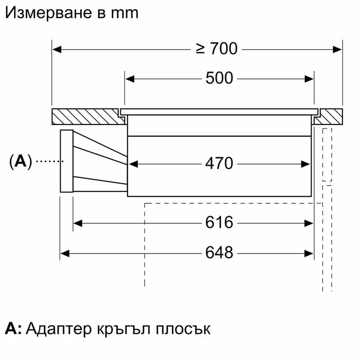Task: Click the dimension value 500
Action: [219, 79]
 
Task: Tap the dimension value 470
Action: [219, 164]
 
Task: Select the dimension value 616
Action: [219, 223]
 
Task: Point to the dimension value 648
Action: [219, 253]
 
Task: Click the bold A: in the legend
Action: [13, 329]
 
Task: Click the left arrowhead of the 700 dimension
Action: [57, 49]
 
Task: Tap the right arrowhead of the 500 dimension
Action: [310, 79]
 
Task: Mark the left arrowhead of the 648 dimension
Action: [65, 253]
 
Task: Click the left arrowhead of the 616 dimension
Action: [78, 223]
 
